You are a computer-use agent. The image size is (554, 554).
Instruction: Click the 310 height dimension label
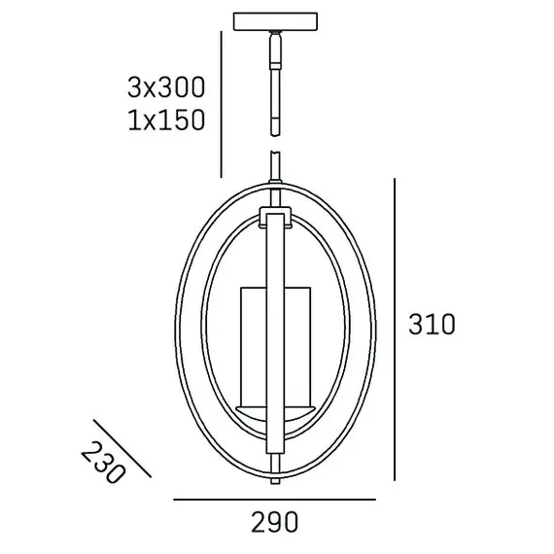pyautogui.click(x=432, y=325)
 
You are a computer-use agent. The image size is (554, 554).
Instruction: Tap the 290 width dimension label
pyautogui.click(x=275, y=522)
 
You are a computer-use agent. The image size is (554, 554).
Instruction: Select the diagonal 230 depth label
pyautogui.click(x=103, y=462)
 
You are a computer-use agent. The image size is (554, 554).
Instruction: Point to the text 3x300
pyautogui.click(x=166, y=87)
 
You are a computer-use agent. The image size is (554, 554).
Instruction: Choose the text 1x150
pyautogui.click(x=166, y=121)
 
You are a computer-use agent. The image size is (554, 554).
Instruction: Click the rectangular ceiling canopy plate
pyautogui.click(x=275, y=21)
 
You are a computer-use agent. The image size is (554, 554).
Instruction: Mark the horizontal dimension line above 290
pyautogui.click(x=274, y=500)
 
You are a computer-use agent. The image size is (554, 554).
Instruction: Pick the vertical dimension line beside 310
pyautogui.click(x=395, y=329)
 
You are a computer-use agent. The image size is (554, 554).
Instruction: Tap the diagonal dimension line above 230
pyautogui.click(x=122, y=448)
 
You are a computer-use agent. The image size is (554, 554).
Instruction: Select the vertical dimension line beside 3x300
pyautogui.click(x=221, y=104)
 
